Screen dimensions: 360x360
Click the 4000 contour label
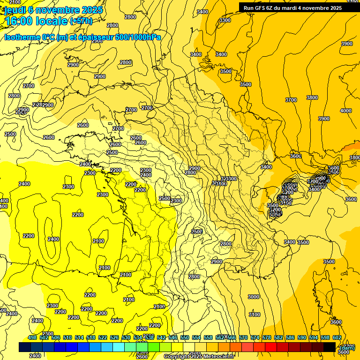coord(345,111)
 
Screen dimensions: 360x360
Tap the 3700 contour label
coord(291,100)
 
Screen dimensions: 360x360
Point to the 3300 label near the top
coord(225,20)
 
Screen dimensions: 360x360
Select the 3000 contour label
coord(253,297)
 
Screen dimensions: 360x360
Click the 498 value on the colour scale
coord(32,337)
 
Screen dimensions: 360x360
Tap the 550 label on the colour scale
coord(185,337)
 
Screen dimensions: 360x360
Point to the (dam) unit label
coord(347,347)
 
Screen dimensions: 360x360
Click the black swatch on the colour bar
coord(329,347)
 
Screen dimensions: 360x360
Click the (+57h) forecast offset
coord(81,21)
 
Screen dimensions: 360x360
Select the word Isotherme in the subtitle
coord(22,37)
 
